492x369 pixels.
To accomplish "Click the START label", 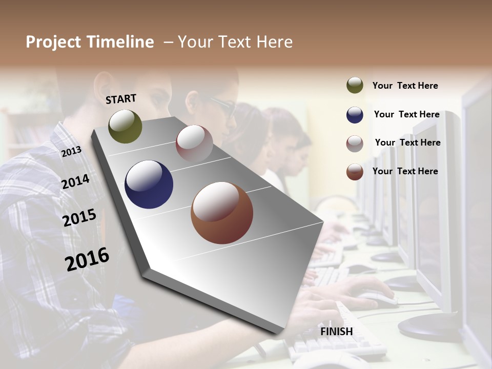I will pyautogui.click(x=121, y=99).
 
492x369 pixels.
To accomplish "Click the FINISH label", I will pyautogui.click(x=336, y=332).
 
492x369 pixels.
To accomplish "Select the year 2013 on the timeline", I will pyautogui.click(x=71, y=151).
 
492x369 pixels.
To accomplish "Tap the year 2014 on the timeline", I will pyautogui.click(x=75, y=182).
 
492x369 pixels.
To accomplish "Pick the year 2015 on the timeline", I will pyautogui.click(x=79, y=218).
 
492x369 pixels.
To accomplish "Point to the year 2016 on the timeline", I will pyautogui.click(x=87, y=259).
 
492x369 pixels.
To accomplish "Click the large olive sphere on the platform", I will pyautogui.click(x=125, y=126).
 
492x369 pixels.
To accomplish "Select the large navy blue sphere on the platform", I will pyautogui.click(x=149, y=184).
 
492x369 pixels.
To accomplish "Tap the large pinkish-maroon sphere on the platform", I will pyautogui.click(x=194, y=143).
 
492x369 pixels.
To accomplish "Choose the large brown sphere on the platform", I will pyautogui.click(x=221, y=213).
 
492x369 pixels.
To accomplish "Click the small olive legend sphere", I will pyautogui.click(x=355, y=86).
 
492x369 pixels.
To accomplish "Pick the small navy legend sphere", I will pyautogui.click(x=355, y=115).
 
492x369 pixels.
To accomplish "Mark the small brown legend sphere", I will pyautogui.click(x=355, y=172).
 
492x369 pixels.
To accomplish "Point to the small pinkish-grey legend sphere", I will pyautogui.click(x=355, y=143).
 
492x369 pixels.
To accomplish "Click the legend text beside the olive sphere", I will pyautogui.click(x=405, y=86).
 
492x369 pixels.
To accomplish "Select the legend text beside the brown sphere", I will pyautogui.click(x=405, y=171).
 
